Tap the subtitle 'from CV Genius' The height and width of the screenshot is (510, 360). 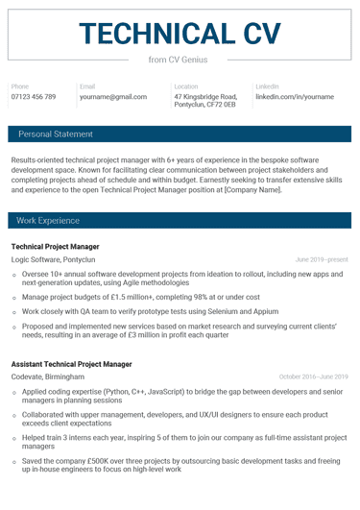180,61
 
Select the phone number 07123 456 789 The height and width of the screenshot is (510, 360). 34,97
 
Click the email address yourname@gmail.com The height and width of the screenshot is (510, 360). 113,97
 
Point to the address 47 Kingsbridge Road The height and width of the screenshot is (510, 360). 205,97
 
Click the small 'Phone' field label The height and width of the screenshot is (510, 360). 20,86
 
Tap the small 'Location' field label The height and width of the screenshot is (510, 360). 186,86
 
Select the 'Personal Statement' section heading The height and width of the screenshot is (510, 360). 56,134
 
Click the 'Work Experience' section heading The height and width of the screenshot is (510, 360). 48,221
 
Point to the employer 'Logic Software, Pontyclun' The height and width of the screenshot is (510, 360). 54,260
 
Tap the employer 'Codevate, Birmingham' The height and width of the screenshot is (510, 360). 47,377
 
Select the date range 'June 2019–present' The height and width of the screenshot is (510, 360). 322,260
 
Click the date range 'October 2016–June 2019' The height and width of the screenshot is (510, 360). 313,377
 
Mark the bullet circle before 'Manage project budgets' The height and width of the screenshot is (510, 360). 13,300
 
